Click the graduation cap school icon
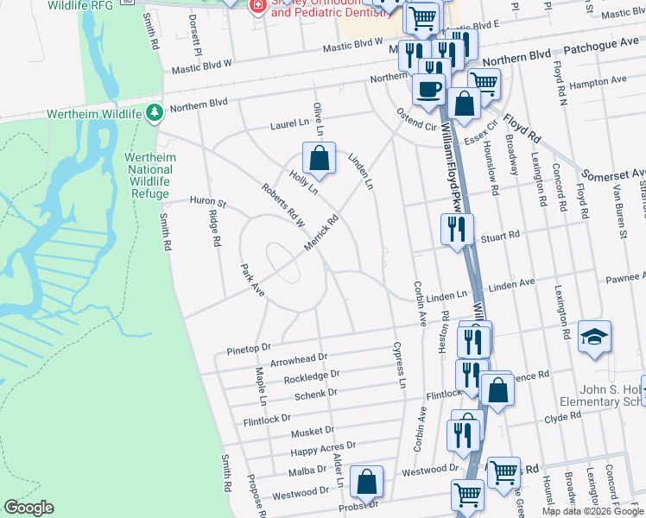595,338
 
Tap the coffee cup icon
429,88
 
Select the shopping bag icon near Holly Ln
319,158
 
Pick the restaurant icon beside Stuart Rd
455,230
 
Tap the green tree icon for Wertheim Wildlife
155,113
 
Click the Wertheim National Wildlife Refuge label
148,175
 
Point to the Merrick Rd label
320,233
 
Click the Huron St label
207,203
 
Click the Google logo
28,508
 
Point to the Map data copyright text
592,511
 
